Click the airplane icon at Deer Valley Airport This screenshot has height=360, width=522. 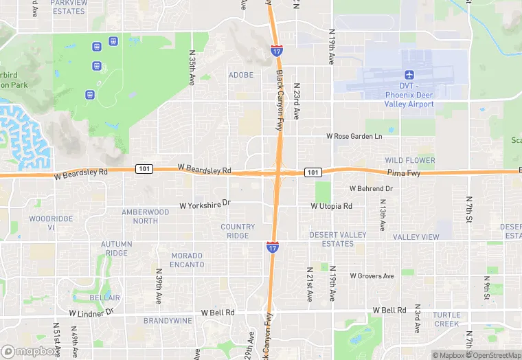click(410, 75)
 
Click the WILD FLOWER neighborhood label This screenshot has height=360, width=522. click(410, 160)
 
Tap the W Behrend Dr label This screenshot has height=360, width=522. click(371, 188)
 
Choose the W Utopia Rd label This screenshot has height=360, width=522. click(331, 206)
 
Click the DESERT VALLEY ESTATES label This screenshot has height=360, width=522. click(338, 239)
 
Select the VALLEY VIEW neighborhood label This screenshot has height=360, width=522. click(416, 237)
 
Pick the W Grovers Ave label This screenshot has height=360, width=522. click(372, 275)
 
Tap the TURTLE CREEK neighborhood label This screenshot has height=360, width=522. click(446, 319)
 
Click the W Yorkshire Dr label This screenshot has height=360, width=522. click(205, 204)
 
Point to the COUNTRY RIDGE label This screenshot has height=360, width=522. click(238, 231)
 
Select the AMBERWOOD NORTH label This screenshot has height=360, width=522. click(145, 216)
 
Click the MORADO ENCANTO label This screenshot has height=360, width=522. click(187, 260)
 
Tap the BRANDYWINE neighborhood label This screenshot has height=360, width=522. click(168, 320)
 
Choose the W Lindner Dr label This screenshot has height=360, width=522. click(91, 313)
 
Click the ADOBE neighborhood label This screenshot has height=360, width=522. click(241, 75)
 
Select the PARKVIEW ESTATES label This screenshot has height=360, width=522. click(69, 7)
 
